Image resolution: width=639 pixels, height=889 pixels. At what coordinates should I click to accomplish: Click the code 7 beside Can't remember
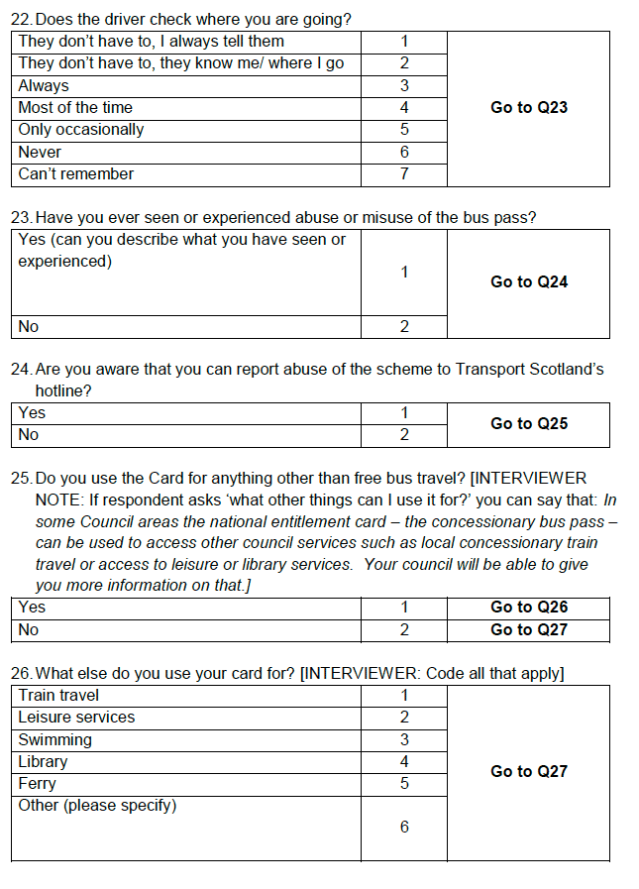coord(404,174)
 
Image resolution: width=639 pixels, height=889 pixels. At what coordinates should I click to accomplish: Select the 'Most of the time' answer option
coord(75,108)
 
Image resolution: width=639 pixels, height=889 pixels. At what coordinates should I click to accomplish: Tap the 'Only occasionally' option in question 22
coord(81,130)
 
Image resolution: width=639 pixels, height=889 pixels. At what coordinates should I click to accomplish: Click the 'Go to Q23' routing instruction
coord(529,107)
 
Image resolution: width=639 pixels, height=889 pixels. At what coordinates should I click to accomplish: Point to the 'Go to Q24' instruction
coord(529,281)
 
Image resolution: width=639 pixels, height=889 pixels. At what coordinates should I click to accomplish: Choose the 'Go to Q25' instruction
coord(529,423)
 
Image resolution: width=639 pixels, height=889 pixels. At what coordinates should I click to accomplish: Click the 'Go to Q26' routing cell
coord(529,607)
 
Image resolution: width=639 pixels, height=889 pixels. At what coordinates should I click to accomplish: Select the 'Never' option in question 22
coord(40,153)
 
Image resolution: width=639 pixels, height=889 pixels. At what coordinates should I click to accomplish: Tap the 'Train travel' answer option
coord(58,696)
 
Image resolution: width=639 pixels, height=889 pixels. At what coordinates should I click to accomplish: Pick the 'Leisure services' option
coord(76,718)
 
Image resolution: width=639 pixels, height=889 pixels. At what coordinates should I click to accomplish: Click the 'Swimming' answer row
coord(54,740)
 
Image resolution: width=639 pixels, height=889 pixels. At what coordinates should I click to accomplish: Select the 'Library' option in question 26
coord(43,762)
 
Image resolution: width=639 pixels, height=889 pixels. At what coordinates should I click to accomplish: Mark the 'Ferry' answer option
coord(38,784)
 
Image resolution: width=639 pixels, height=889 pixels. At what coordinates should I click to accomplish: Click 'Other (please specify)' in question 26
coord(97,806)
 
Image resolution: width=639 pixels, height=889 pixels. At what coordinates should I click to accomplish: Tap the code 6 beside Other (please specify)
coord(404,827)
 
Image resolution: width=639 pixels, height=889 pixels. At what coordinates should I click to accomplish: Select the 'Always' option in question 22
coord(44,86)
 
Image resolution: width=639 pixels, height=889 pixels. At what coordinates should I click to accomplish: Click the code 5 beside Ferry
coord(404,784)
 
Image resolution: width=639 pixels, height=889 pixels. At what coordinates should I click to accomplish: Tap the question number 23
coord(20,217)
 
